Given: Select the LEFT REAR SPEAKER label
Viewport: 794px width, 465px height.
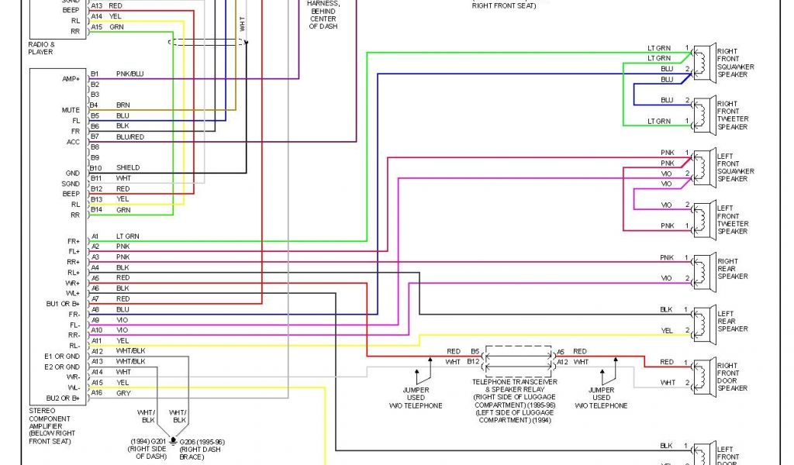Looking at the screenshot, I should pos(731,321).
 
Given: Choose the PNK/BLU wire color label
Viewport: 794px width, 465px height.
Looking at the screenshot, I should pos(129,74).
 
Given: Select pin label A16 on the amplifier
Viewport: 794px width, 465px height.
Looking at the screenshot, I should pos(97,393).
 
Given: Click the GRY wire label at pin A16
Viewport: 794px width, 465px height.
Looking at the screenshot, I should pos(123,393).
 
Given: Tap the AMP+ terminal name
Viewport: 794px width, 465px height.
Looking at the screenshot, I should pos(71,79).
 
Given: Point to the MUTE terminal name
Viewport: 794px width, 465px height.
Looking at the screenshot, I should pos(71,110).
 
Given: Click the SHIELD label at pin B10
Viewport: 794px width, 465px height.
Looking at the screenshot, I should pos(127,167).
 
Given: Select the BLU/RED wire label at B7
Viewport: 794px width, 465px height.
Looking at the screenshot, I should pos(129,136).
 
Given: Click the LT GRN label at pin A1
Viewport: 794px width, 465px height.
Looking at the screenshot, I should pos(128,236).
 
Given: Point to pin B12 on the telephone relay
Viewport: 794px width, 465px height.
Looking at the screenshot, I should pos(474,361).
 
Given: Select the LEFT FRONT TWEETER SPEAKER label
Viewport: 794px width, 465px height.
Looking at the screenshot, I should pos(732,220).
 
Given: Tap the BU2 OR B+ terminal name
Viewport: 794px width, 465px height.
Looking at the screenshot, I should pos(63,398).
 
